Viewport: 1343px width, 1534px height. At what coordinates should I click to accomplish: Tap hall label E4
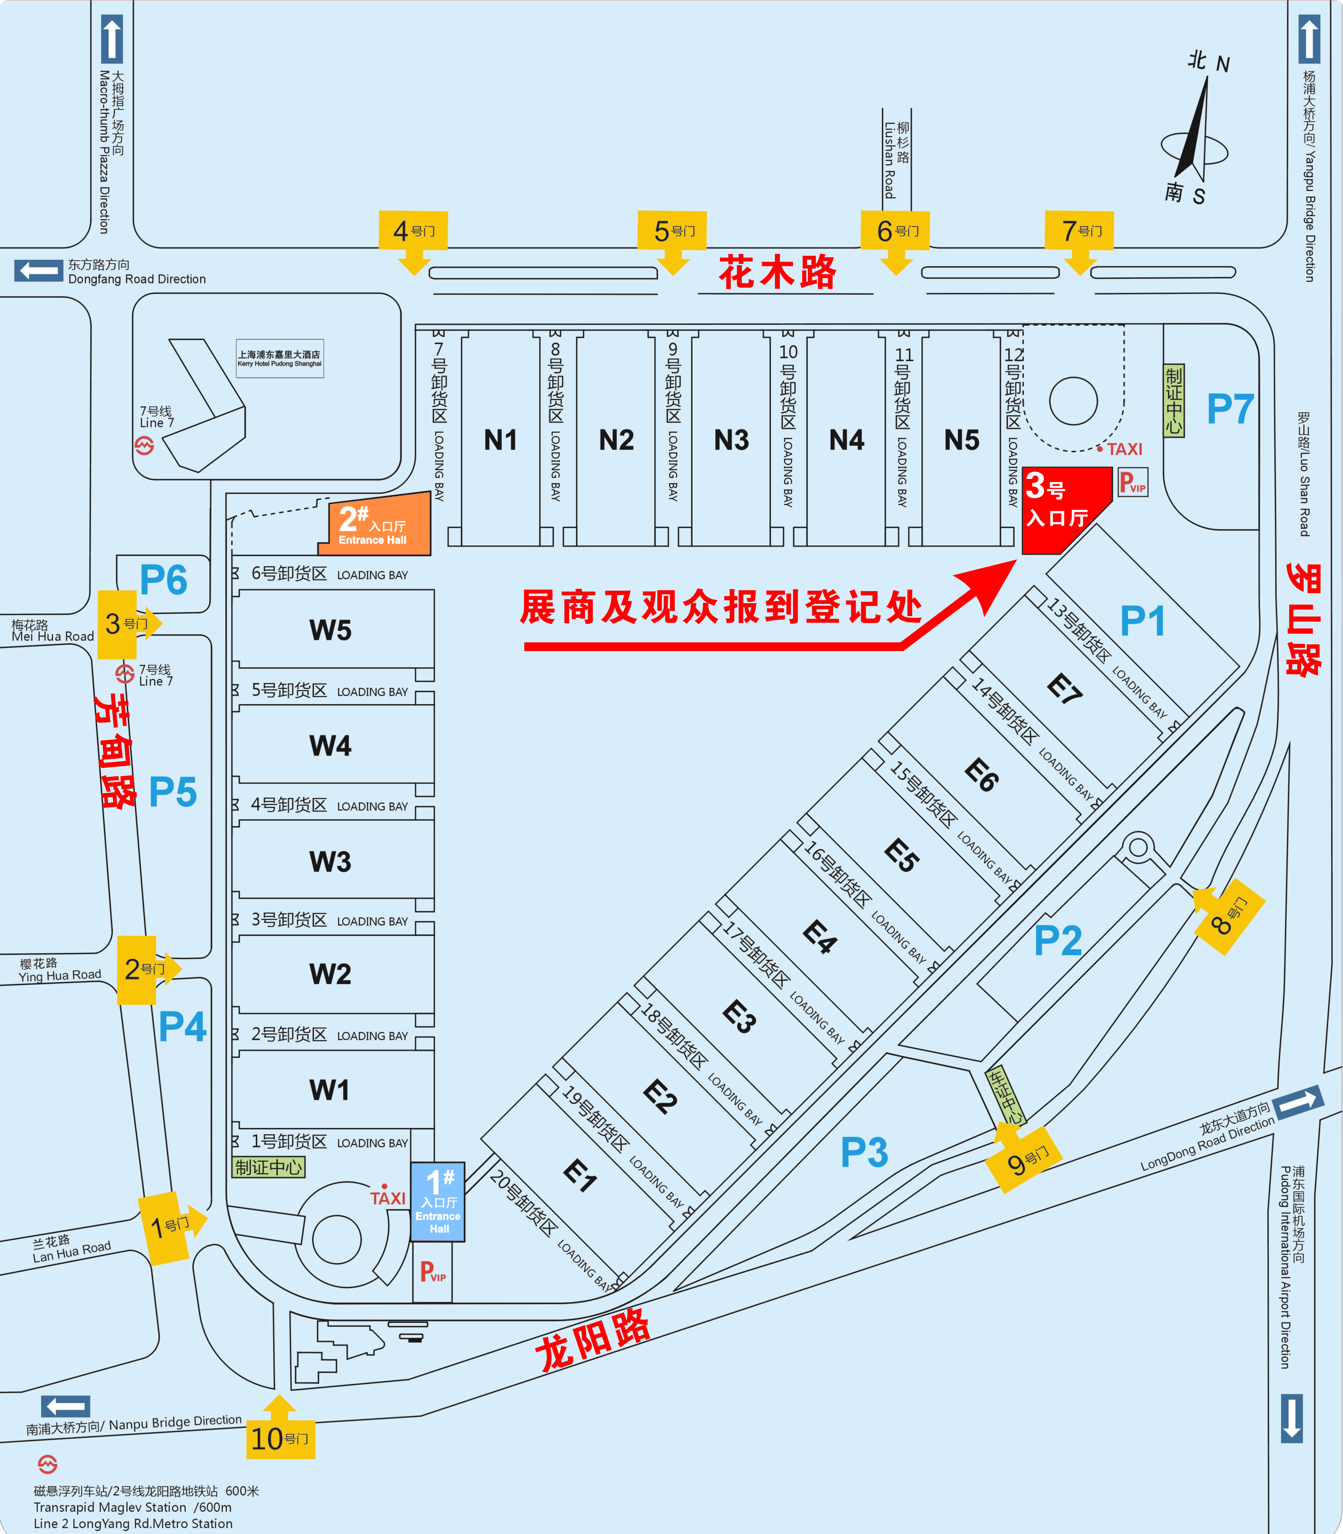tap(819, 937)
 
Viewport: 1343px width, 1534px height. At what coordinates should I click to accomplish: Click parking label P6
tap(163, 580)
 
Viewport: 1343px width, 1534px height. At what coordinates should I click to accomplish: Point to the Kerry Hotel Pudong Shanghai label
tap(280, 358)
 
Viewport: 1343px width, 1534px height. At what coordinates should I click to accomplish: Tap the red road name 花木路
tap(777, 271)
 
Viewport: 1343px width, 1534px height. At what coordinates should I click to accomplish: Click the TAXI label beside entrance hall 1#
tap(387, 1197)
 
